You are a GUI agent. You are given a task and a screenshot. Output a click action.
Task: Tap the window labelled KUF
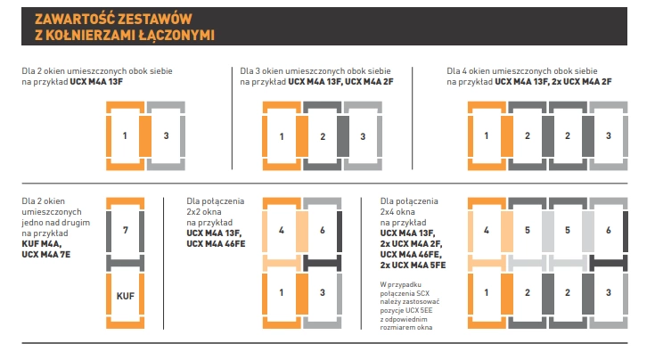pyautogui.click(x=126, y=291)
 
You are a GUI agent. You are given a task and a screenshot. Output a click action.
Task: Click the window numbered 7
pyautogui.click(x=126, y=230)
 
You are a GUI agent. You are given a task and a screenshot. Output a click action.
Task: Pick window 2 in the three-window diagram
pyautogui.click(x=322, y=136)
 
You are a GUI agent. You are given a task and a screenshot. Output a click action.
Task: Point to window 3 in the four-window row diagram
pyautogui.click(x=608, y=136)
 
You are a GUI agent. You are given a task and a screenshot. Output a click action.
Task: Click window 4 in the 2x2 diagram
pyautogui.click(x=282, y=230)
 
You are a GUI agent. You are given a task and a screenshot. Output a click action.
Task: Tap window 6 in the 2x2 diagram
pyautogui.click(x=322, y=230)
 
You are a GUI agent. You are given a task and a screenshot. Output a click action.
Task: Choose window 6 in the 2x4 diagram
pyautogui.click(x=608, y=230)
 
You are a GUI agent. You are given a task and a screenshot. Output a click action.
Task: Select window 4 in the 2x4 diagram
pyautogui.click(x=487, y=230)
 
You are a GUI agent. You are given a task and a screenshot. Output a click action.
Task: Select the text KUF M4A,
pyautogui.click(x=43, y=243)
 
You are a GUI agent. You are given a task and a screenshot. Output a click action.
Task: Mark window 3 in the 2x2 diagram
pyautogui.click(x=322, y=291)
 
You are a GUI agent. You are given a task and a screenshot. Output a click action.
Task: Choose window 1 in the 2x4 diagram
pyautogui.click(x=487, y=291)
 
